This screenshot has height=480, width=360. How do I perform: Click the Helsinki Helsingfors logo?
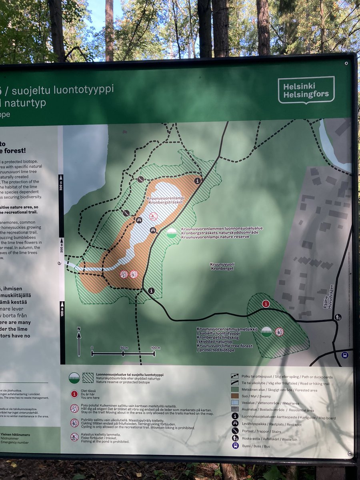[x=306, y=90]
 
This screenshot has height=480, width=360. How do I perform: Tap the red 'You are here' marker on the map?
[x=266, y=304]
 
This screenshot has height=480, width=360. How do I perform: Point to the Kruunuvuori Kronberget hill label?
[x=222, y=266]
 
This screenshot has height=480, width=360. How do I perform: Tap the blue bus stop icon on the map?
[x=345, y=355]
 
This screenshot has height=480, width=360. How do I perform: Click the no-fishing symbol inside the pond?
[x=153, y=216]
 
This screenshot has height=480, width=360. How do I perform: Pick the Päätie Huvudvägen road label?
[x=328, y=296]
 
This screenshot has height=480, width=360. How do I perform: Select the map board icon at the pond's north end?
[x=198, y=181]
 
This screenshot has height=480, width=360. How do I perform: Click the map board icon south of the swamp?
[x=151, y=291]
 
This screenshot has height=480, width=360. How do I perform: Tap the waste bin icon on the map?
[x=338, y=317]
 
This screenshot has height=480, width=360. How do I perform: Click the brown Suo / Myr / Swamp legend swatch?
[x=235, y=396]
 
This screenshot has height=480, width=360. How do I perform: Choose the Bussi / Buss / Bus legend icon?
[x=235, y=445]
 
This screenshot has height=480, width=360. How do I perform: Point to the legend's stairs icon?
[x=235, y=431]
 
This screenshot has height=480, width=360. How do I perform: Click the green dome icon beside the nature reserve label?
[x=172, y=233]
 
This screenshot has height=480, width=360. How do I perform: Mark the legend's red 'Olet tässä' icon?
[x=74, y=394]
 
